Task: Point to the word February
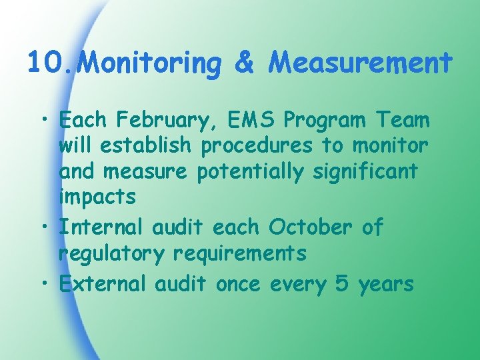[165, 121]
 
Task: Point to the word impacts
[97, 197]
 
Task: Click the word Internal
[102, 227]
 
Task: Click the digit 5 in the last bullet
[341, 285]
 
